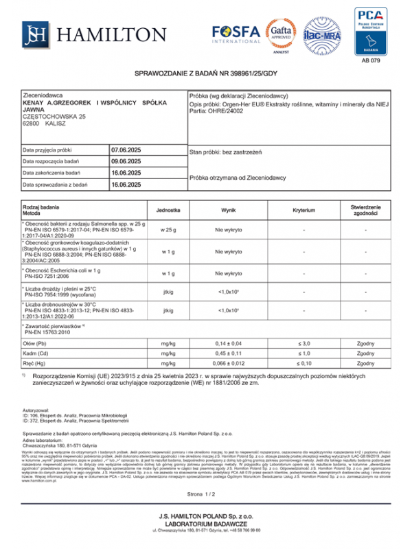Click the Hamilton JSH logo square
[x=35, y=34]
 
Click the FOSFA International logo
[x=236, y=34]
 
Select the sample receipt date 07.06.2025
[x=126, y=149]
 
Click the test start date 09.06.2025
[x=126, y=161]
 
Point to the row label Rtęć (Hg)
[x=36, y=364]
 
